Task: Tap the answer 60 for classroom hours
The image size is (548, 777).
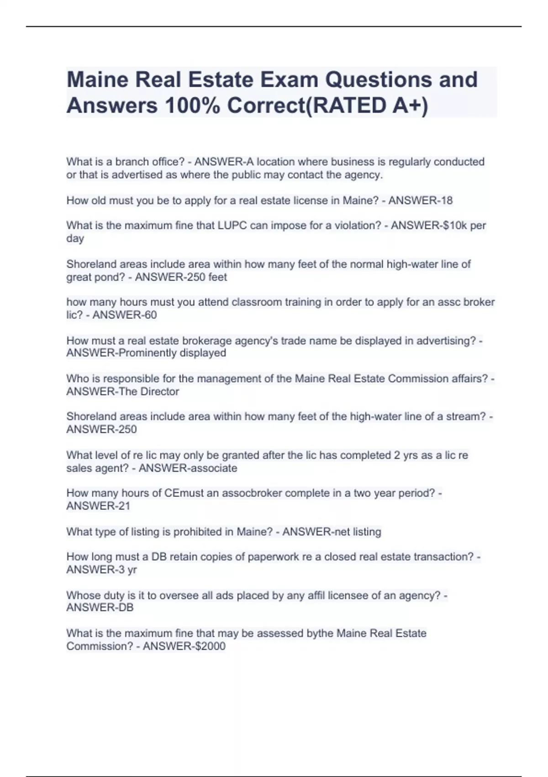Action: (x=150, y=315)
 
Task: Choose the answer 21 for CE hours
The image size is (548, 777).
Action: (x=124, y=506)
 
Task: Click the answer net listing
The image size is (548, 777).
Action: (x=357, y=532)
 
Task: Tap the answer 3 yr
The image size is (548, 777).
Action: (x=127, y=569)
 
